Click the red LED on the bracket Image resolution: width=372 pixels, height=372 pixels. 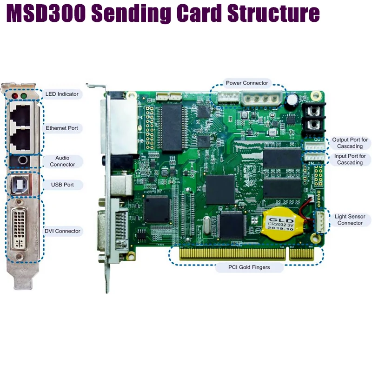click(15, 96)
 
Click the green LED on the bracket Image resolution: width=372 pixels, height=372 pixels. click(24, 96)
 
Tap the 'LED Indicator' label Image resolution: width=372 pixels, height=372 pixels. click(62, 94)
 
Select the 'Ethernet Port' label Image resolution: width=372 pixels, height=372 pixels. click(62, 128)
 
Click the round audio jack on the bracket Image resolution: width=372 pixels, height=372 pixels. click(21, 161)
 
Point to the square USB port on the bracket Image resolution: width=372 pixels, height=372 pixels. click(20, 185)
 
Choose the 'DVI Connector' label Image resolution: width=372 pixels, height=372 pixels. click(62, 231)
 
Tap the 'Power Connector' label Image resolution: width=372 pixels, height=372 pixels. click(247, 83)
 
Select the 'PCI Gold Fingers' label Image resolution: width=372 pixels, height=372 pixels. click(249, 267)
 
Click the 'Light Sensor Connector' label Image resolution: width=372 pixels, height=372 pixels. click(350, 219)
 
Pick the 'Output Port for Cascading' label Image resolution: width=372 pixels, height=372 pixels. click(350, 143)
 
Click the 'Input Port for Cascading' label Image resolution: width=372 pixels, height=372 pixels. click(350, 159)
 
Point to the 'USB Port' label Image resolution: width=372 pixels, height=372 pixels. click(62, 185)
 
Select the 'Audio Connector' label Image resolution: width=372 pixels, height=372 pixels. click(62, 161)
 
